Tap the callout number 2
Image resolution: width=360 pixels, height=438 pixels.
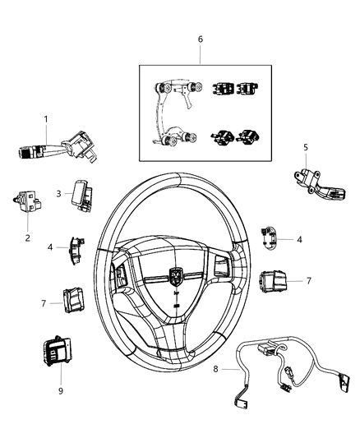tap(28, 237)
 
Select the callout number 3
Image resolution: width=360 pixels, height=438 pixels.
tap(58, 193)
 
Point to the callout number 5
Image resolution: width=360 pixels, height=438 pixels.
tap(305, 148)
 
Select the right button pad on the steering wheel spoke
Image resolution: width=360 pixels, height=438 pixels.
tap(223, 265)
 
